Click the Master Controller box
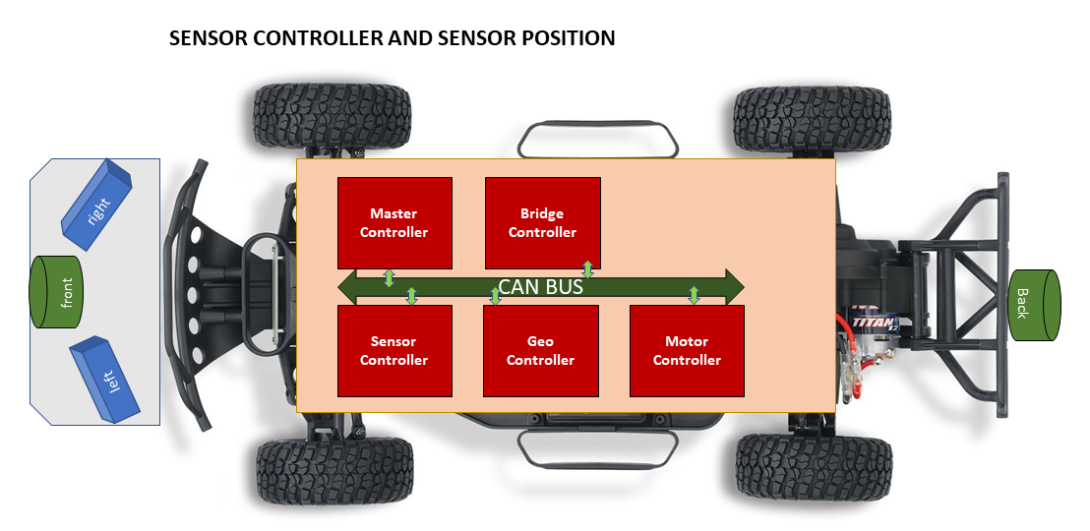[x=394, y=223]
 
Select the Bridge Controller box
[x=543, y=223]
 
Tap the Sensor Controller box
[x=394, y=351]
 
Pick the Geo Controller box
[x=541, y=351]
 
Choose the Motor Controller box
[x=687, y=351]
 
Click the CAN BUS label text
[x=541, y=286]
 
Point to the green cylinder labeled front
[x=56, y=292]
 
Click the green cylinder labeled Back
[x=1034, y=305]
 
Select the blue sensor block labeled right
[x=96, y=205]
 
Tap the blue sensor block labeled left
[x=105, y=379]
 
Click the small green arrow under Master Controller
[x=389, y=278]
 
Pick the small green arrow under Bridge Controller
[x=587, y=269]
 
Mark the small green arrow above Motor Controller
[x=694, y=295]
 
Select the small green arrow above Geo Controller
[x=495, y=296]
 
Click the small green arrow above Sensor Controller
[x=411, y=296]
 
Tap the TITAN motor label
[x=869, y=324]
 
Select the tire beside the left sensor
[x=334, y=471]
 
